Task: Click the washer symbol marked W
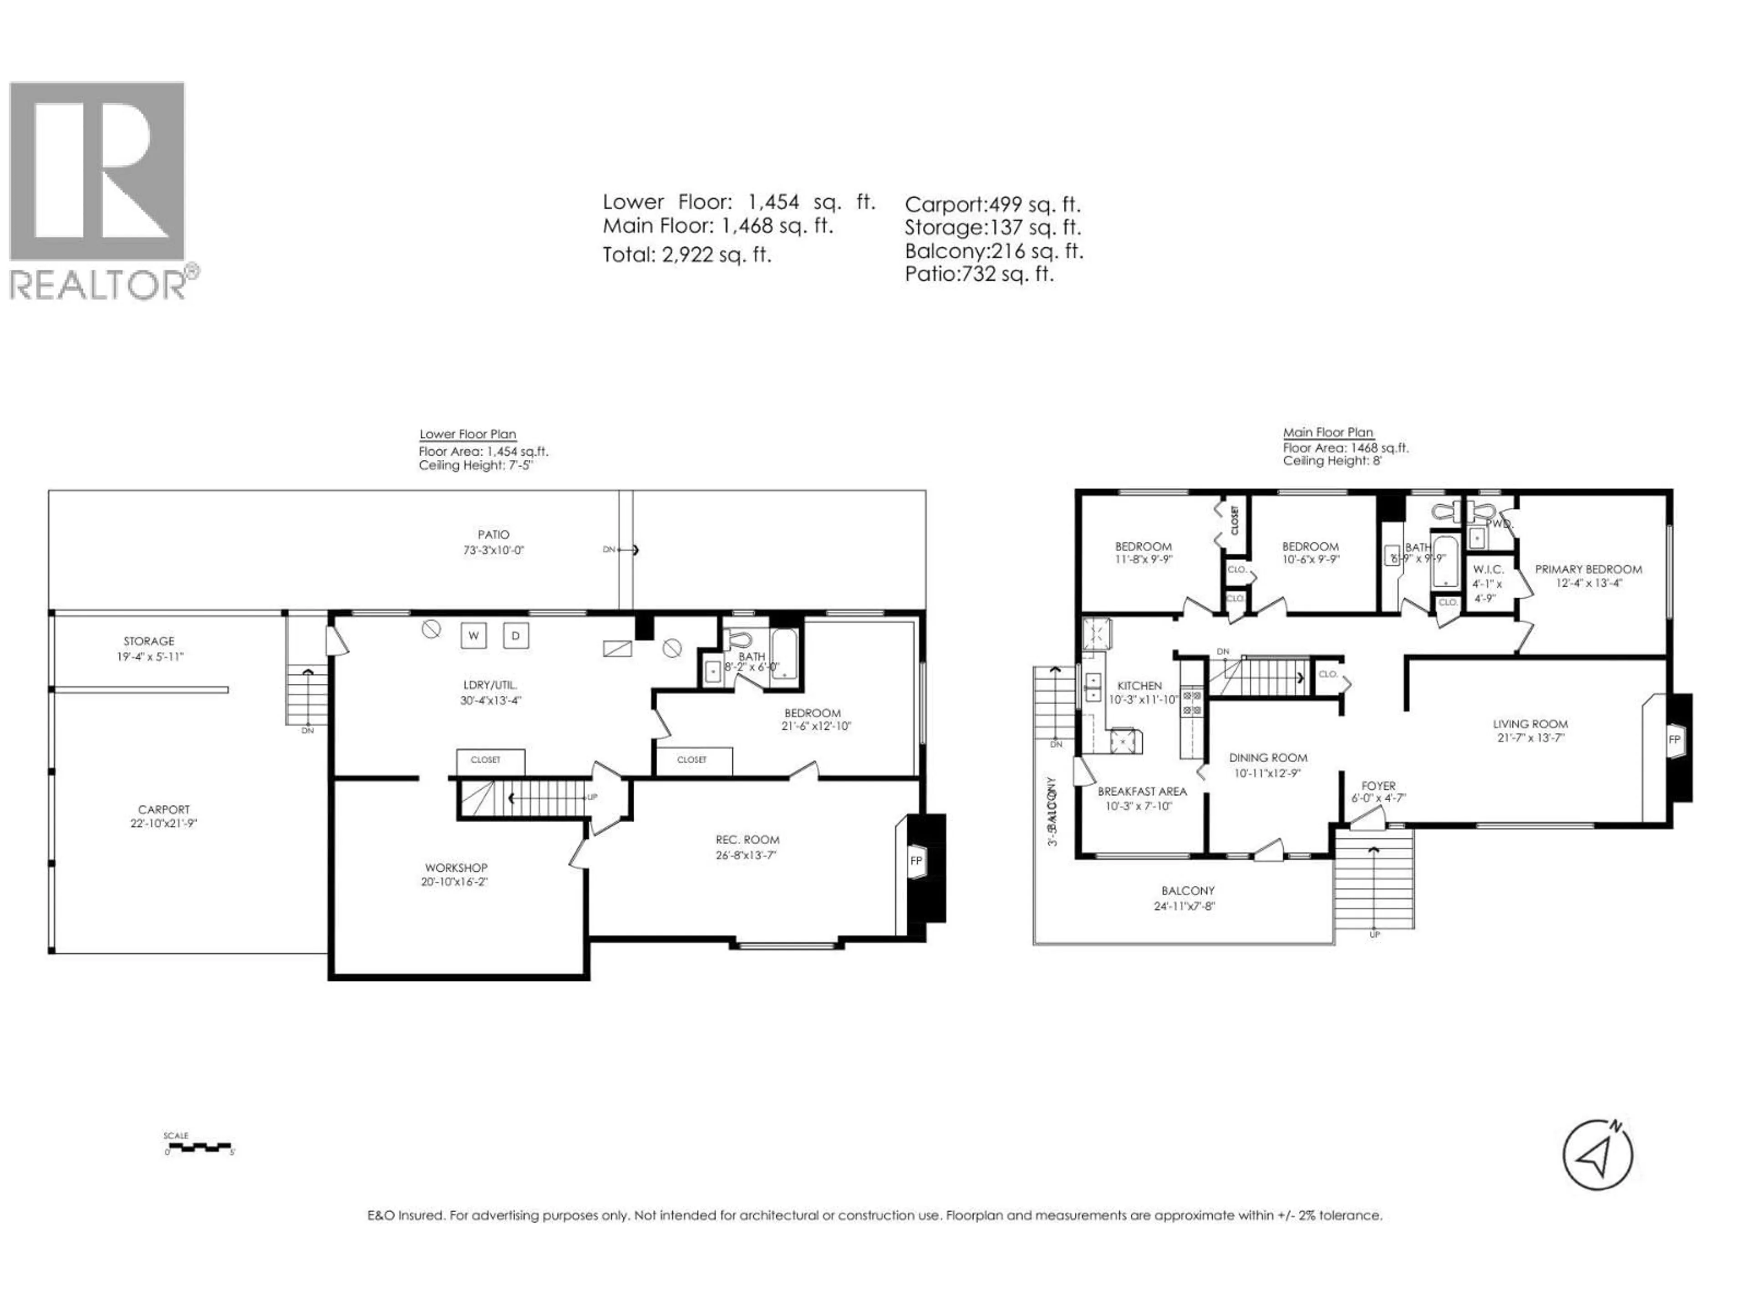point(473,635)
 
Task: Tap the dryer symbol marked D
point(516,635)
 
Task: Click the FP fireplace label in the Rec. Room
point(916,860)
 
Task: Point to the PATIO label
point(493,535)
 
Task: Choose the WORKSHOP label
point(456,868)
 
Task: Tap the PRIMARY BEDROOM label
point(1588,569)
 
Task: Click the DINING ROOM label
point(1268,758)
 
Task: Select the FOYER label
point(1378,786)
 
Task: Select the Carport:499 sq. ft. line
point(992,205)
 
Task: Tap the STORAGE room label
point(148,641)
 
